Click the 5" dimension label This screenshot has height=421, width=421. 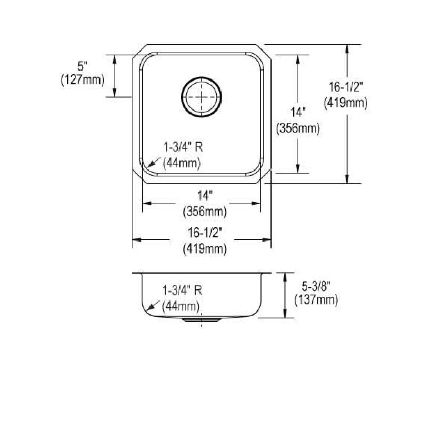pos(83,66)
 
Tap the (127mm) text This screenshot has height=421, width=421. pos(83,80)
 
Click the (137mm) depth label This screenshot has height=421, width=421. pos(316,300)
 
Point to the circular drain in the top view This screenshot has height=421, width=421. pos(202,97)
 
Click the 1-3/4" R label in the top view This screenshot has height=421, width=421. pos(183,147)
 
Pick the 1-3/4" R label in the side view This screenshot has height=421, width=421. pos(182,290)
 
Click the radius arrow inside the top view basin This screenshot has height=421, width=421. pos(154,163)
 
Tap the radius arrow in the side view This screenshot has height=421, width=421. pos(153,306)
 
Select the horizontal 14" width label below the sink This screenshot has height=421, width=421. pos(205,195)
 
